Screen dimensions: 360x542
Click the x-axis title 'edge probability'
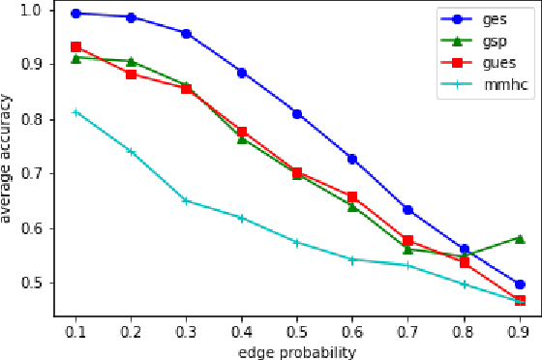click(297, 350)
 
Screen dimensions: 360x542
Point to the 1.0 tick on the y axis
click(35, 10)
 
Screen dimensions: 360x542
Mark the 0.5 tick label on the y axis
click(35, 284)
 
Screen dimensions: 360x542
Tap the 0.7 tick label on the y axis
click(35, 174)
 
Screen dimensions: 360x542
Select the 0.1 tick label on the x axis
click(75, 329)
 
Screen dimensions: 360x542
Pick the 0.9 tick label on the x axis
click(520, 329)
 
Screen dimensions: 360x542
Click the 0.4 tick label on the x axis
click(242, 329)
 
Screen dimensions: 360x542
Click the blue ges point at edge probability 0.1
click(75, 14)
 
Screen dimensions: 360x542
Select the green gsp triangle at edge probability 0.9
click(520, 238)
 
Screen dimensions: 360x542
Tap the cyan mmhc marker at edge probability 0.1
click(75, 112)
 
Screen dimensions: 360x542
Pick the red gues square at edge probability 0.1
click(75, 46)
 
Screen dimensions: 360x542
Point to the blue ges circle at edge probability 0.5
click(297, 114)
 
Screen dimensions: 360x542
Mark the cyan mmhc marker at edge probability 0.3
click(187, 200)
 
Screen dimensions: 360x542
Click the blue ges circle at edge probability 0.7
click(408, 210)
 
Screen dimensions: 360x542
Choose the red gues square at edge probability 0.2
click(131, 75)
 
